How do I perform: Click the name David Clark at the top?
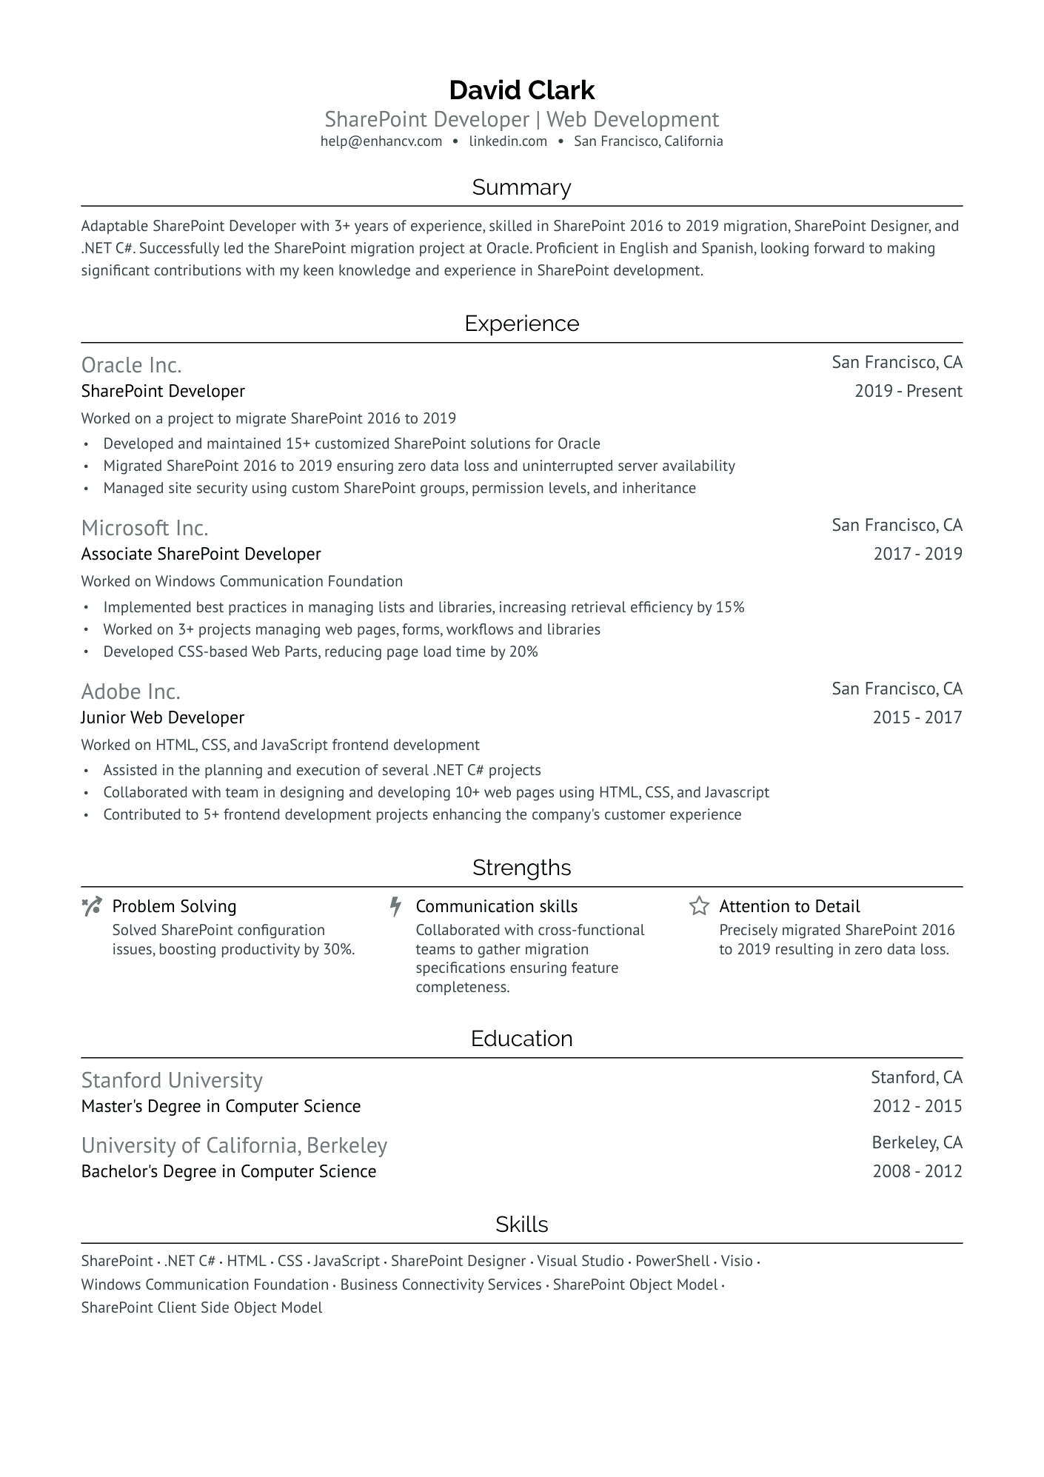pos(521,90)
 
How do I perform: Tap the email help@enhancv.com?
pos(381,141)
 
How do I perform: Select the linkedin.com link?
pos(508,141)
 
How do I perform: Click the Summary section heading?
pos(521,187)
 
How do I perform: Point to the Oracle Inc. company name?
pos(131,365)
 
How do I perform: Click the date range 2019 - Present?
pos(908,391)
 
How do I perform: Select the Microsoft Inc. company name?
pos(144,528)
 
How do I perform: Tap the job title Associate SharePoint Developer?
pos(201,554)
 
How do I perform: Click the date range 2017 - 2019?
pos(917,554)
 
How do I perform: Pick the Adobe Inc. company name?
pos(130,691)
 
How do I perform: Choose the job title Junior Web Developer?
pos(162,717)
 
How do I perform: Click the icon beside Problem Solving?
pos(92,906)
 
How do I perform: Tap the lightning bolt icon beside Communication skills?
pos(396,906)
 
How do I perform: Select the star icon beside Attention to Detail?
pos(699,906)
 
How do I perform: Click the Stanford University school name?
pos(172,1080)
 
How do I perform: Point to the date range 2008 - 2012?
pos(917,1171)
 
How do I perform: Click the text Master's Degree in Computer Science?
pos(221,1106)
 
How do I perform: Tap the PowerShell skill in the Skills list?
pos(672,1261)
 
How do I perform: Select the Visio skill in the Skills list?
pos(736,1261)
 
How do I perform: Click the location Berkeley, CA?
pos(917,1142)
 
